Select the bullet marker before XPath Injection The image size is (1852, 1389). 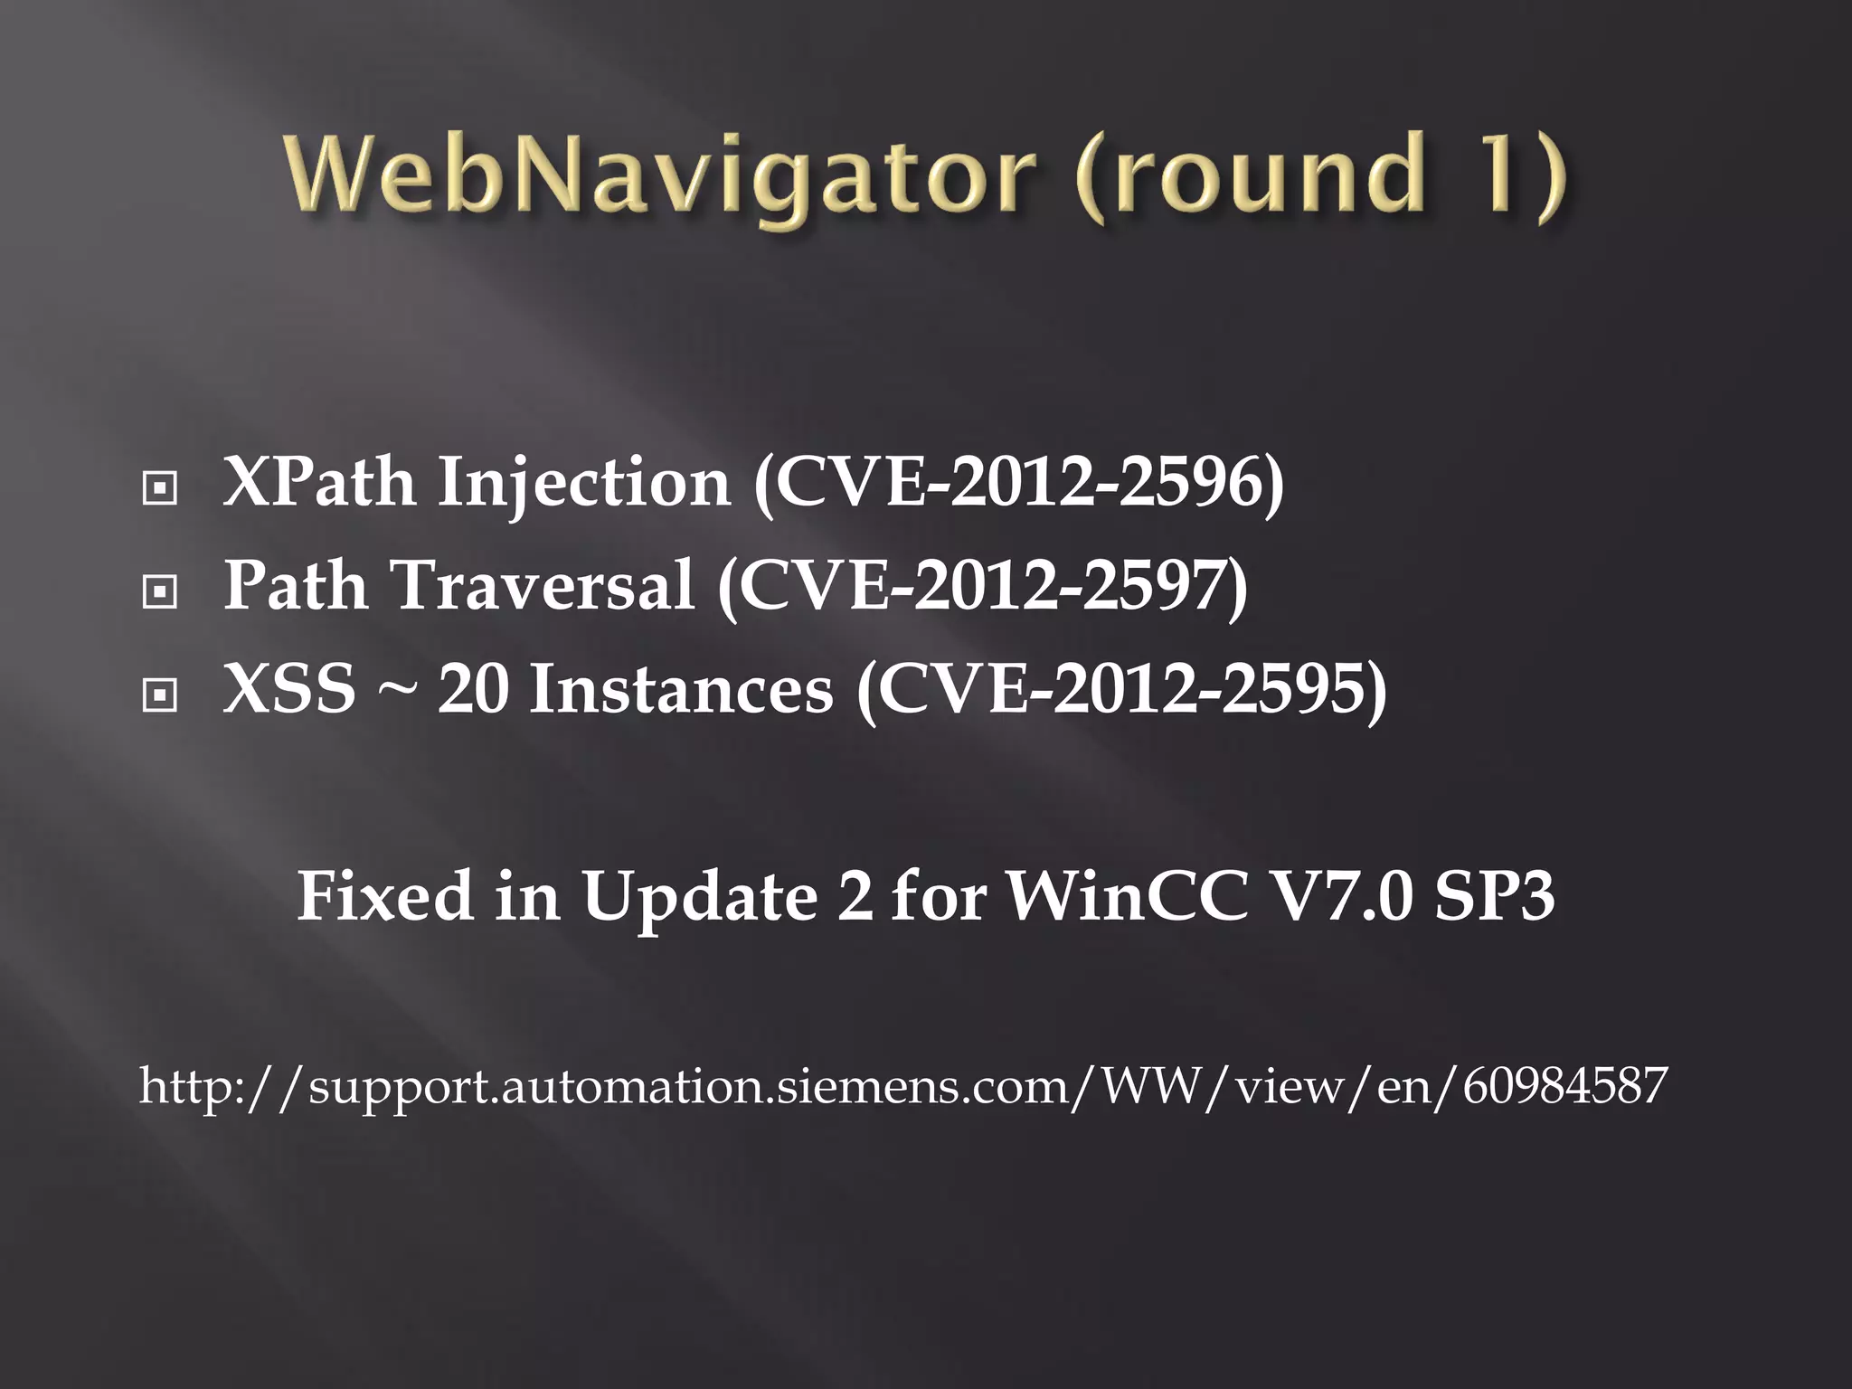(x=160, y=489)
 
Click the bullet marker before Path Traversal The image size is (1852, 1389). (x=160, y=592)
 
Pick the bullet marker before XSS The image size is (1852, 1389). (x=160, y=695)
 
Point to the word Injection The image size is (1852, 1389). (x=584, y=483)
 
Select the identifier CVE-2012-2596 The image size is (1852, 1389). (x=1019, y=483)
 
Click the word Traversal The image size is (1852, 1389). (x=542, y=586)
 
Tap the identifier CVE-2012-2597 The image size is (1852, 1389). (x=983, y=586)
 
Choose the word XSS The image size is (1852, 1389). (x=289, y=689)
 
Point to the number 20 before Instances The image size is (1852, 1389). (x=473, y=689)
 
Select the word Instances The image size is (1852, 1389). (x=681, y=689)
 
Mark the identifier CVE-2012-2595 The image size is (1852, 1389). (x=1121, y=689)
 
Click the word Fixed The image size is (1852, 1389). (x=385, y=896)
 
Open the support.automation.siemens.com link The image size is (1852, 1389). (x=902, y=1085)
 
